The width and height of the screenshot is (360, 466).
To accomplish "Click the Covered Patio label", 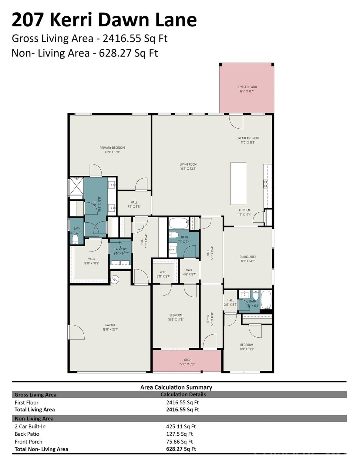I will [247, 87].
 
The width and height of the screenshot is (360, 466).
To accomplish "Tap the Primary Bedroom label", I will [112, 148].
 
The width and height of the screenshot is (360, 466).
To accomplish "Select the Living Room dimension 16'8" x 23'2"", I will [188, 169].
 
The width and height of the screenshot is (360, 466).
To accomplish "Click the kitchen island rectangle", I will [238, 183].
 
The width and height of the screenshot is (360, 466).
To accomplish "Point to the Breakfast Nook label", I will [248, 138].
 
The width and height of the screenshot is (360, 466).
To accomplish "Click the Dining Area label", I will [248, 257].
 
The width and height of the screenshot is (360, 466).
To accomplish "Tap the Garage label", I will [110, 325].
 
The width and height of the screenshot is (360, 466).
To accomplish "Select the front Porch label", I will [187, 360].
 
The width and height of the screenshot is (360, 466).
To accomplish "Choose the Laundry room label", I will [120, 249].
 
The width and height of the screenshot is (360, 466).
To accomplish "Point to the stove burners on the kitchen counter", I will [266, 184].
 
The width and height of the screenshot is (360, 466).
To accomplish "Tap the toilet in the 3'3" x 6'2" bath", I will [75, 240].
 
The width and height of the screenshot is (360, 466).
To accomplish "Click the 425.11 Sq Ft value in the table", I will [181, 426].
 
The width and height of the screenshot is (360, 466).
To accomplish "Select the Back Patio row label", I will [27, 434].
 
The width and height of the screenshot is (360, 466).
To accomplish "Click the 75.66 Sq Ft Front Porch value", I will [179, 442].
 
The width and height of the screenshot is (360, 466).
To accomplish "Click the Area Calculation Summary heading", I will [176, 387].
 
